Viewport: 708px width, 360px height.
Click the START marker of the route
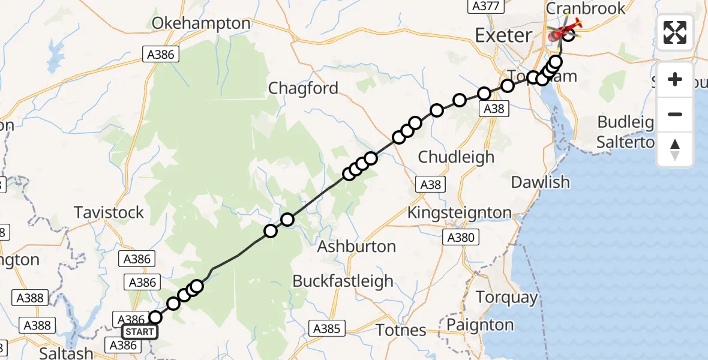pyautogui.click(x=139, y=332)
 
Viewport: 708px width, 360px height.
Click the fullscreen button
pyautogui.click(x=675, y=32)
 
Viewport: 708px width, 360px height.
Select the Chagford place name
pyautogui.click(x=303, y=88)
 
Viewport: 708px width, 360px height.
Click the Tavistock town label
pyautogui.click(x=109, y=212)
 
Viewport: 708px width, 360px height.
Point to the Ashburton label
pyautogui.click(x=356, y=246)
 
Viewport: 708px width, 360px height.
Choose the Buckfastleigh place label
pyautogui.click(x=343, y=281)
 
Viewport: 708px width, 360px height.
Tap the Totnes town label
pyautogui.click(x=401, y=329)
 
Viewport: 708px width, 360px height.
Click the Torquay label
pyautogui.click(x=507, y=298)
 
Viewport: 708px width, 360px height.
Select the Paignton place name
pyautogui.click(x=481, y=325)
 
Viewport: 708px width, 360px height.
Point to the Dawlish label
pyautogui.click(x=541, y=182)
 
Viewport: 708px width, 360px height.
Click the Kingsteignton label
pyautogui.click(x=459, y=212)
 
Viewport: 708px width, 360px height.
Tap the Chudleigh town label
pyautogui.click(x=456, y=157)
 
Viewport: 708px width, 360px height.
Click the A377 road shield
pyautogui.click(x=484, y=6)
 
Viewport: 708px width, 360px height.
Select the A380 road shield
pyautogui.click(x=461, y=238)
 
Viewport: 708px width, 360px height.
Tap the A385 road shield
pyautogui.click(x=327, y=328)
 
